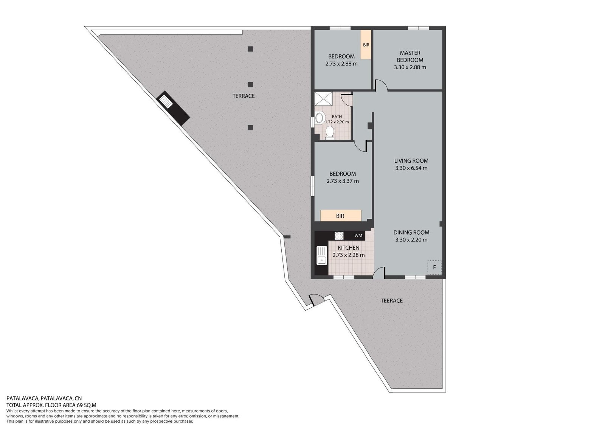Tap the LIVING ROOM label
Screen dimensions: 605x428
coord(411,160)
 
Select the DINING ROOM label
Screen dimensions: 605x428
coord(411,232)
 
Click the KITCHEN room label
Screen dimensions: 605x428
coord(349,247)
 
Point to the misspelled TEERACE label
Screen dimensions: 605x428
coord(392,300)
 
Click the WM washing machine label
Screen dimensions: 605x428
coord(358,235)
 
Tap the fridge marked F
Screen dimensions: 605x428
coord(434,268)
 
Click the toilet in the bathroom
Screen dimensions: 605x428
coord(329,132)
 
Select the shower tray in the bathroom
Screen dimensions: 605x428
coord(324,99)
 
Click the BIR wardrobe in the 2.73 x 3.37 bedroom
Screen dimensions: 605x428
coord(341,215)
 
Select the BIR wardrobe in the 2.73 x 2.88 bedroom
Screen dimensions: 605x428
coord(366,44)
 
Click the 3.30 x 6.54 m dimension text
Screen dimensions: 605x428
coord(411,168)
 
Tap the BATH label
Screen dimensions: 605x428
coord(337,117)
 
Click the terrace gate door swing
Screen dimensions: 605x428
coord(316,299)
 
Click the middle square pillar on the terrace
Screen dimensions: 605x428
coord(250,85)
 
